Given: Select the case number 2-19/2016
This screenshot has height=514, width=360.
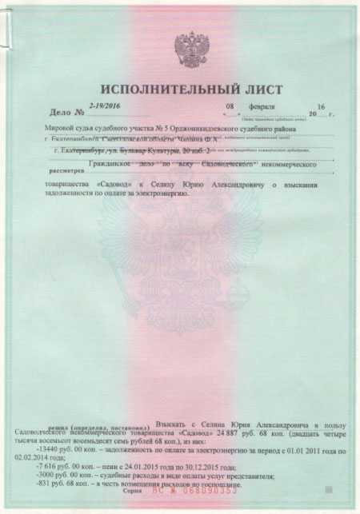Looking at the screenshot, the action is tap(104, 106).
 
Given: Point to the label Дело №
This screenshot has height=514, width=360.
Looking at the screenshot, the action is tap(62, 110).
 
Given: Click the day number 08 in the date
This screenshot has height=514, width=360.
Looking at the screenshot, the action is tap(230, 106).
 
